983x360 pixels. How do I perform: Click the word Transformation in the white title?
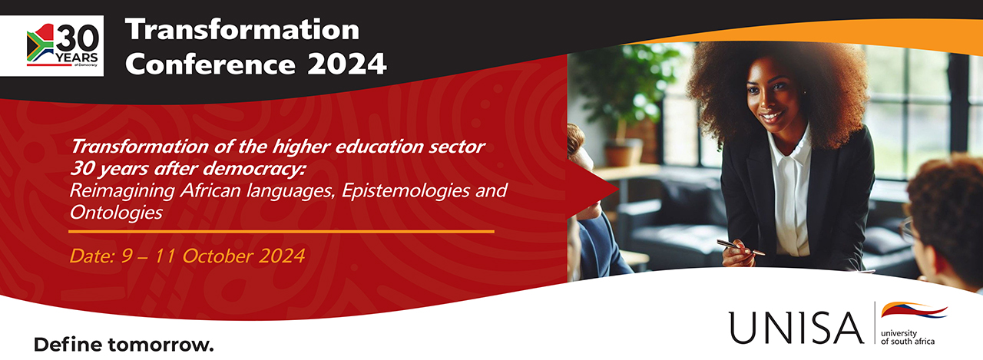point(242,30)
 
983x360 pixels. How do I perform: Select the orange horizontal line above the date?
point(281,230)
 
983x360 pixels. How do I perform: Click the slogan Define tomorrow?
point(123,344)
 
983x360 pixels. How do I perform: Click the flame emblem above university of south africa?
point(914,311)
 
